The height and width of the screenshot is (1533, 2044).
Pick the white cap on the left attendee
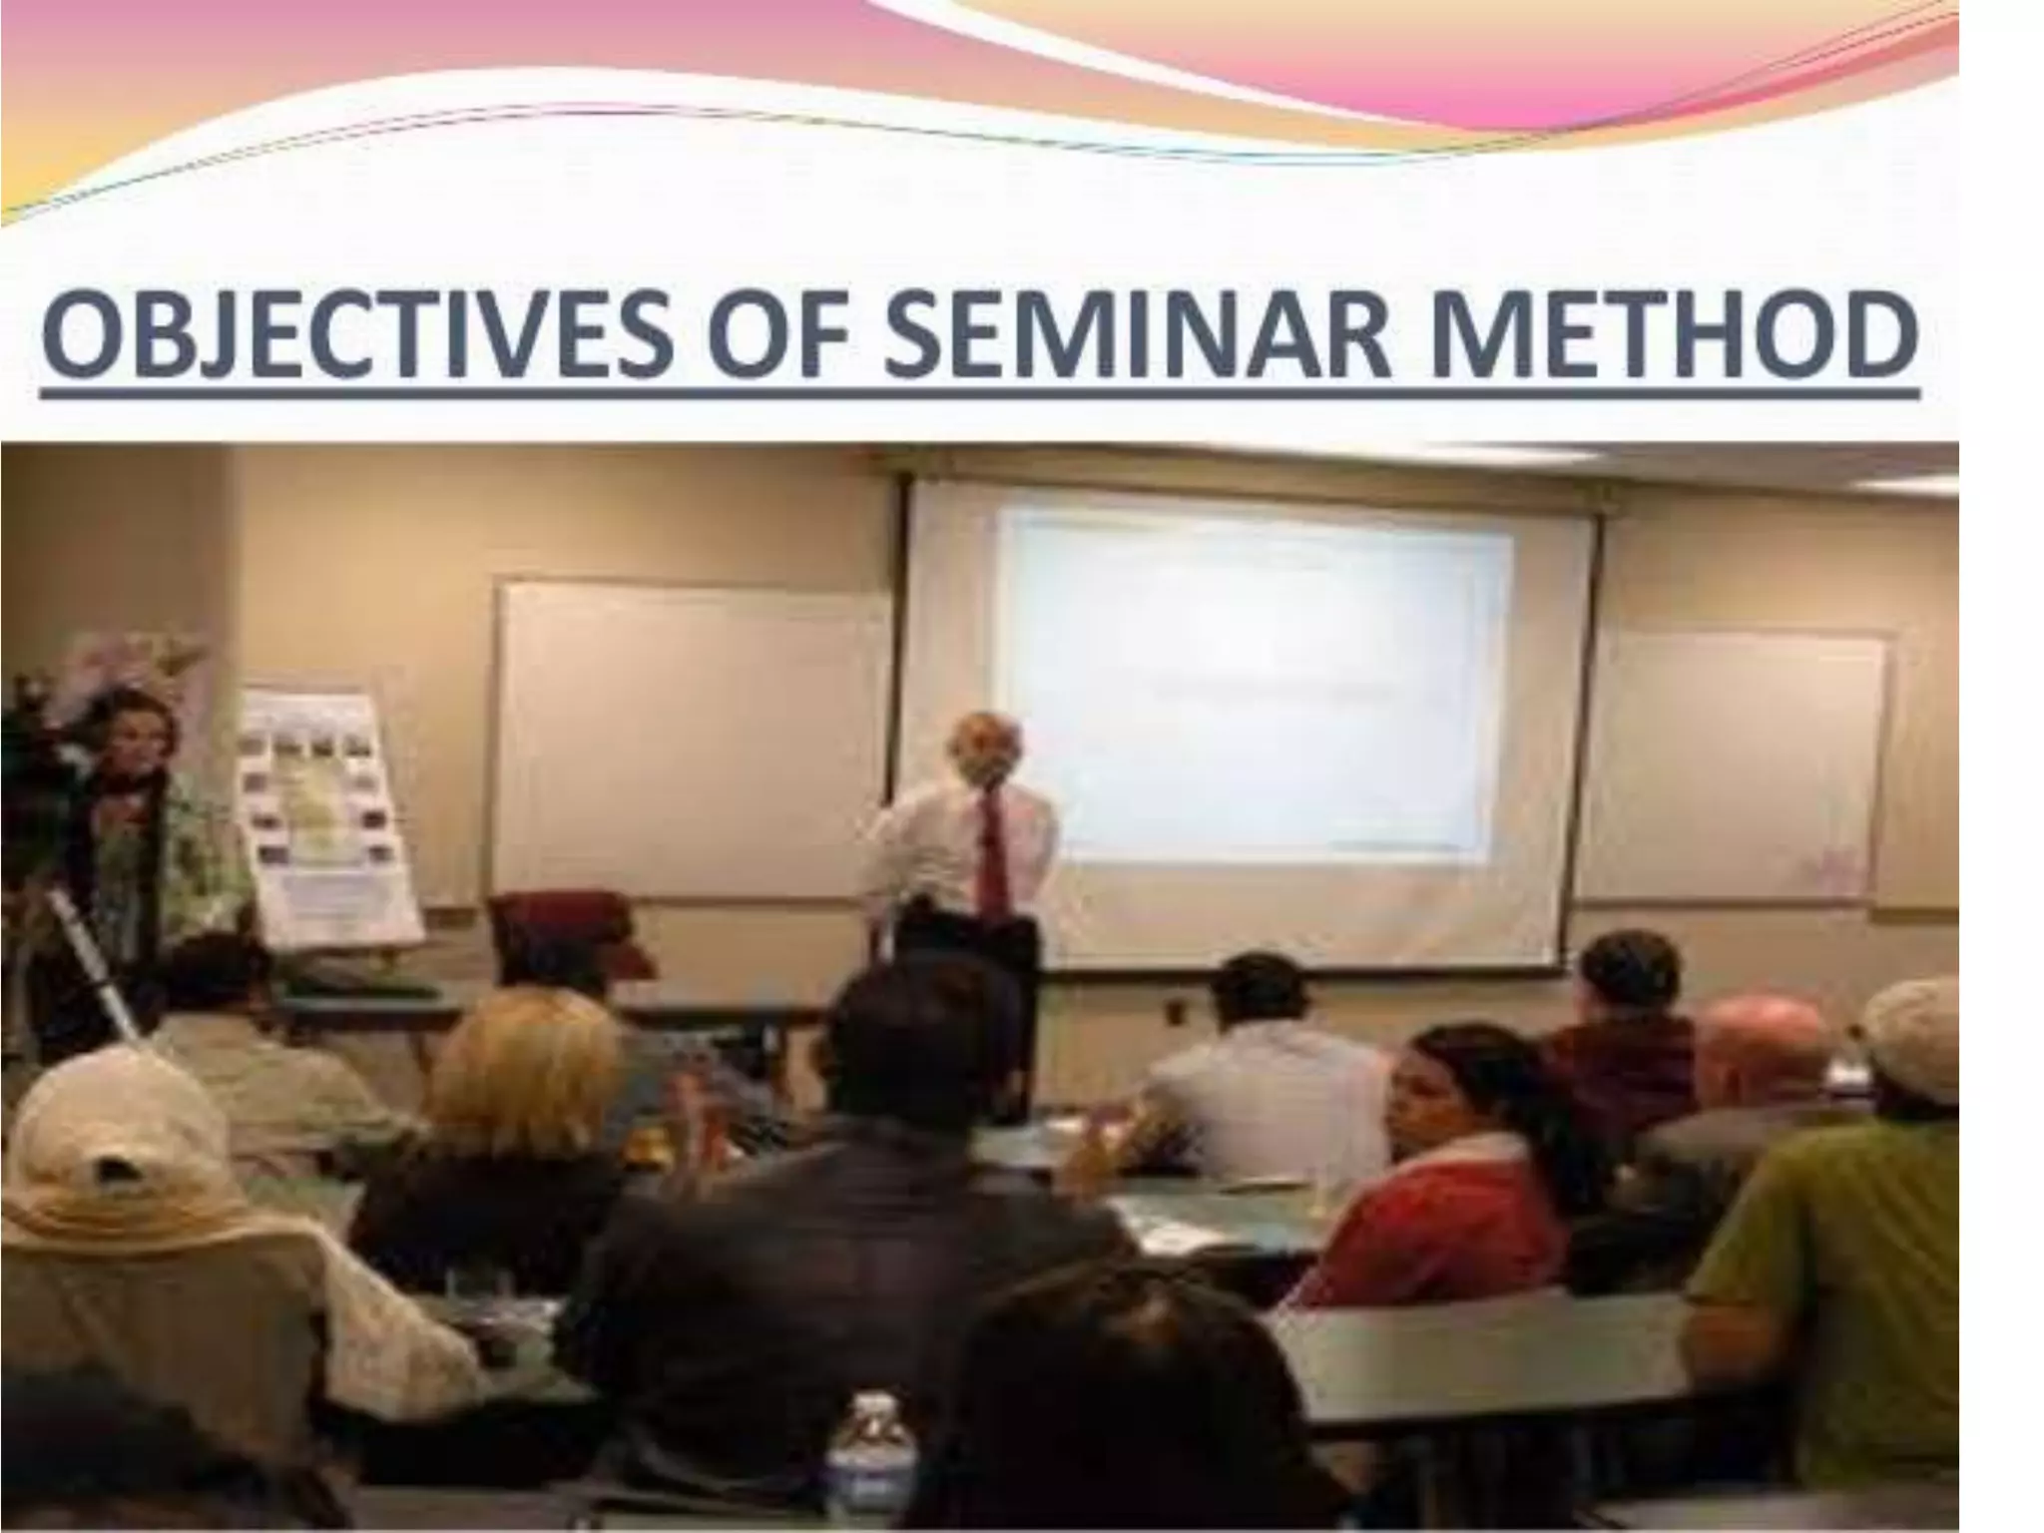point(110,1148)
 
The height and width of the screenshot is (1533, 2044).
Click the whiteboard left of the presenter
point(689,739)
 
